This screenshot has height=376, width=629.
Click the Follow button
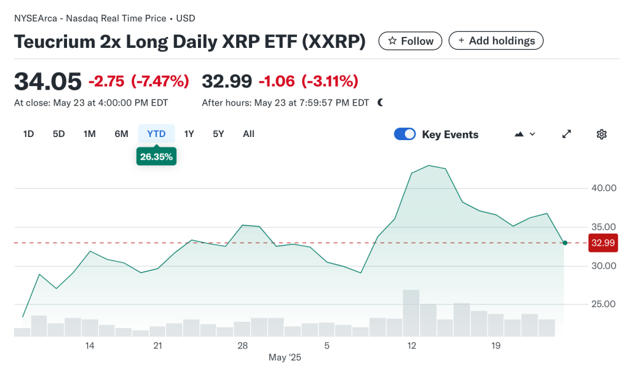click(410, 41)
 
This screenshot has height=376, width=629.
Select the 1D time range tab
click(28, 134)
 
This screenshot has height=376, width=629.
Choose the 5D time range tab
click(58, 134)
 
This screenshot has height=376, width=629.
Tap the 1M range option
click(90, 134)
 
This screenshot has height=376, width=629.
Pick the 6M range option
click(121, 134)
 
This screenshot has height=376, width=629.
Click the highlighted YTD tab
click(156, 134)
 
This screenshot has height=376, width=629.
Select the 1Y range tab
click(189, 134)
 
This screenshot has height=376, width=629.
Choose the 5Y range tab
click(218, 134)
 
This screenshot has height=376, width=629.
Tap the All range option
click(248, 134)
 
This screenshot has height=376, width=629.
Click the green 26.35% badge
click(156, 157)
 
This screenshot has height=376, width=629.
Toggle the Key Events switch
click(405, 135)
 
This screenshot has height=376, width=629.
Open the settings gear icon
click(601, 135)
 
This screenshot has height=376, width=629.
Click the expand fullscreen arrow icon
click(567, 135)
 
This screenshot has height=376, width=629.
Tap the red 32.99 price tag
click(603, 243)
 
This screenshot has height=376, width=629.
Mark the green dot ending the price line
click(564, 243)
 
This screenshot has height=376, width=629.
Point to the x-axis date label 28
click(242, 346)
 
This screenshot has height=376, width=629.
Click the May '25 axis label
click(285, 357)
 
